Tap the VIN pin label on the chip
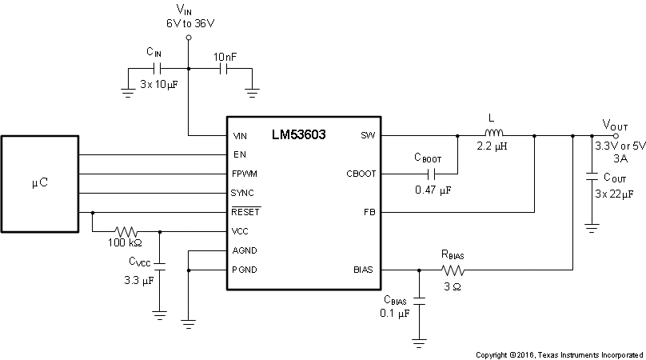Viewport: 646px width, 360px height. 240,135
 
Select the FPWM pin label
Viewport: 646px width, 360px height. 244,174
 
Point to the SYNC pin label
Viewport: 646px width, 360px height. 243,193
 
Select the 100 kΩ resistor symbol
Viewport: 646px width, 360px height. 126,231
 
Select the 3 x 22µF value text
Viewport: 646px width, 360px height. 614,194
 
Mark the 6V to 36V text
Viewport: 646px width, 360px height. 189,23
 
